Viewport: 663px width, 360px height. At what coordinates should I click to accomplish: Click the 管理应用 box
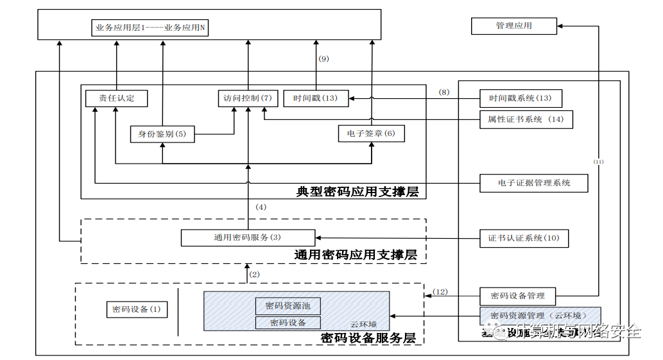pos(513,26)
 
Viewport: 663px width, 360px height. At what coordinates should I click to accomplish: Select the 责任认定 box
pos(116,98)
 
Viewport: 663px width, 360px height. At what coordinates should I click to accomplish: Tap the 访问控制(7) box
pos(247,98)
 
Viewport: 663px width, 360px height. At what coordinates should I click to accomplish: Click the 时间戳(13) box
pos(315,98)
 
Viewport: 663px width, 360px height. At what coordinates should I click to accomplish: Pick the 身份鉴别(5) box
pos(162,134)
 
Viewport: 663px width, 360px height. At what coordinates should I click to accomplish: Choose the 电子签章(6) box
pos(371,133)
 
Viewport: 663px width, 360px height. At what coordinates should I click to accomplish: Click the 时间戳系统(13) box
pos(521,98)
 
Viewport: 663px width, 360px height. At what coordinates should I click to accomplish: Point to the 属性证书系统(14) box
pos(526,119)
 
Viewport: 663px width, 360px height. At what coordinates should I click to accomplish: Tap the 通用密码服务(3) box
pos(248,237)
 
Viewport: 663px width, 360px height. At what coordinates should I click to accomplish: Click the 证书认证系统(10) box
pos(524,238)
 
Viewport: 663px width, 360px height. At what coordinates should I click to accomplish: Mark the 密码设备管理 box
pos(517,296)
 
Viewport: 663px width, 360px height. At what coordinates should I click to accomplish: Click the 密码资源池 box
pos(288,305)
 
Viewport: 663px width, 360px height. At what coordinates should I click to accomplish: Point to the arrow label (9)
pos(323,58)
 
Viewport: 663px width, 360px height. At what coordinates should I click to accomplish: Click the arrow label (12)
pos(440,292)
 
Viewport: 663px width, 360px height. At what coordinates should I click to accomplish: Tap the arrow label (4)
pos(261,207)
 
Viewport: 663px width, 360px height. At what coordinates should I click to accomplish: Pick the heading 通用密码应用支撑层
pos(356,255)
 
